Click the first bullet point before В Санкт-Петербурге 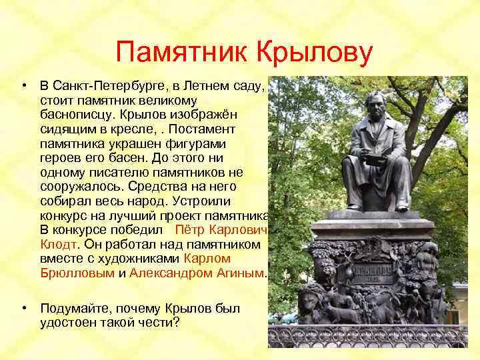(24, 86)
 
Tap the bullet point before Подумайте (24, 308)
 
